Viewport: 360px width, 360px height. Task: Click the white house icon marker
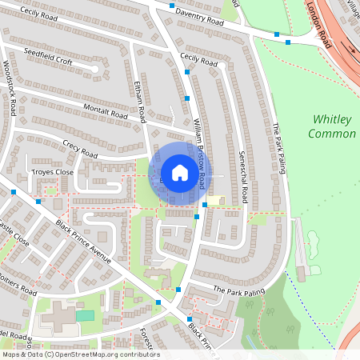tap(180, 173)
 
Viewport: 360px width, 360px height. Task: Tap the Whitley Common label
tap(331, 126)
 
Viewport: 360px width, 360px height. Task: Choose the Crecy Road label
tap(79, 149)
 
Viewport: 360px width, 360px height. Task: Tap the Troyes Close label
tap(52, 172)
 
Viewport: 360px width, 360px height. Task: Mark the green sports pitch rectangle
tap(84, 315)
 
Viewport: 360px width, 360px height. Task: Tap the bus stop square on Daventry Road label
tap(172, 5)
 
